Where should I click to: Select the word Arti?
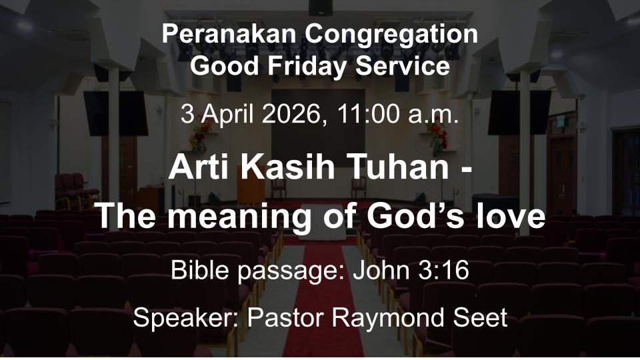196,167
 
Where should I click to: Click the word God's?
416,217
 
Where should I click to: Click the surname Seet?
479,317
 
